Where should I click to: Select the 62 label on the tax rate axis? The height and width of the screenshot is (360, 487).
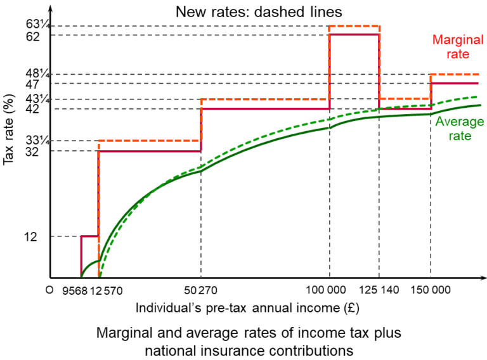point(33,37)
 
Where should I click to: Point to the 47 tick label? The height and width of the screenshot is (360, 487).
point(33,84)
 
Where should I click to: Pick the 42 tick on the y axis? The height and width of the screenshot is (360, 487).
point(33,109)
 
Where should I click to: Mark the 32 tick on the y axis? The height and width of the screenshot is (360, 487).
point(33,151)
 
